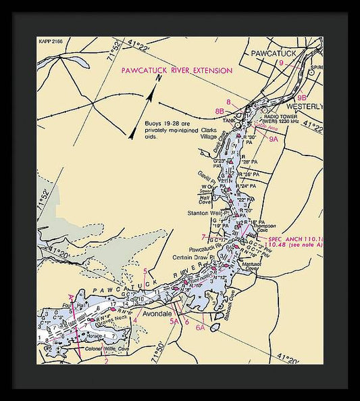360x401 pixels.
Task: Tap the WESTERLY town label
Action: pyautogui.click(x=304, y=107)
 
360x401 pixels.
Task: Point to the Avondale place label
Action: pyautogui.click(x=158, y=315)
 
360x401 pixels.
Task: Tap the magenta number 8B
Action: pyautogui.click(x=220, y=111)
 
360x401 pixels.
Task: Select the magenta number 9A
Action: pyautogui.click(x=274, y=139)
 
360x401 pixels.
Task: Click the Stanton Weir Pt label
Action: pyautogui.click(x=205, y=213)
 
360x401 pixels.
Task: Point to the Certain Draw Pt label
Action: pyautogui.click(x=192, y=256)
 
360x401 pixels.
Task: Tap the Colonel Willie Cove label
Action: pyautogui.click(x=107, y=349)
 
